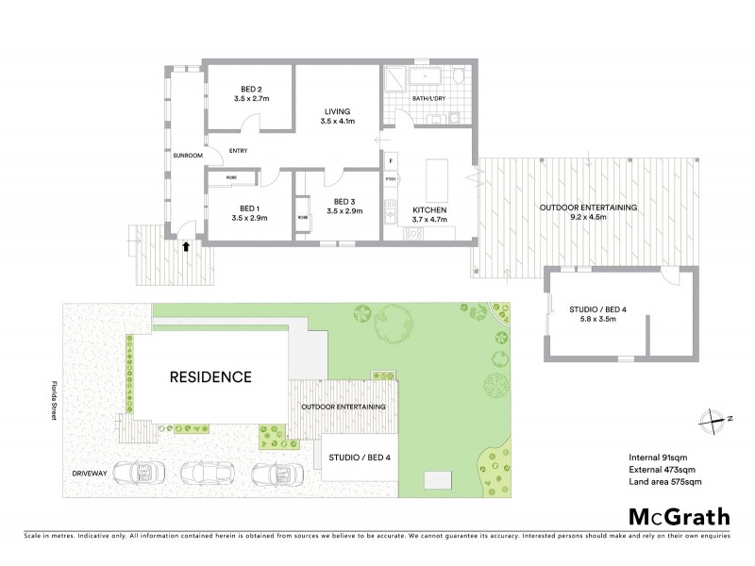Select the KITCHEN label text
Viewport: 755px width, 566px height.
pos(428,209)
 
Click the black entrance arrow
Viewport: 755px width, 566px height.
pos(186,248)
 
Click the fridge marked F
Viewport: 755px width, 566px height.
pos(390,160)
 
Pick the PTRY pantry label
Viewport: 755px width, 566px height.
pos(390,178)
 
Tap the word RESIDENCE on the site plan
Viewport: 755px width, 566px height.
pos(210,376)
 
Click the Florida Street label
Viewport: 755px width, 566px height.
pos(55,403)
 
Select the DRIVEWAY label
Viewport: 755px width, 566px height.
pos(92,471)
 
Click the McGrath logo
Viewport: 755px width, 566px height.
pos(679,516)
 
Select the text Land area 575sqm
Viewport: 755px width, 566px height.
pos(664,482)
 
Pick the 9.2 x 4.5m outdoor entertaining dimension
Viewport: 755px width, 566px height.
pos(588,218)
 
